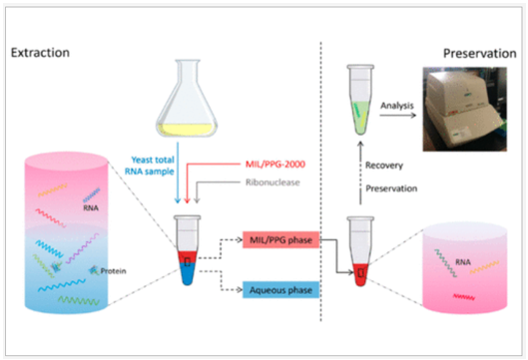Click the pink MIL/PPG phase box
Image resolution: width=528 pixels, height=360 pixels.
pos(278,241)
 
